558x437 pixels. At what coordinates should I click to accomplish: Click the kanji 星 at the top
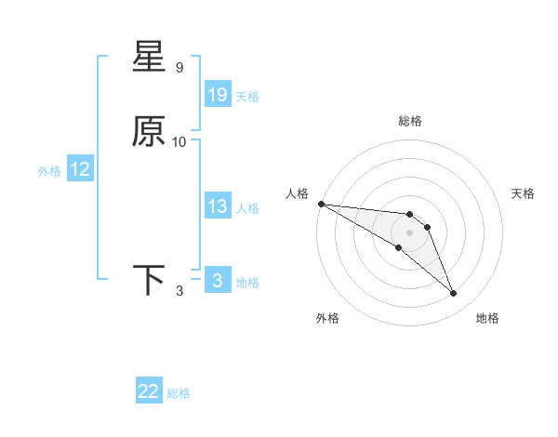(x=150, y=58)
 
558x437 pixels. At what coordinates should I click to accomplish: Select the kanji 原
(x=150, y=132)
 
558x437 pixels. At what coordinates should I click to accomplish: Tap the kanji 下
(x=150, y=280)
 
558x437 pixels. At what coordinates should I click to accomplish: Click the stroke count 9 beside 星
(x=179, y=68)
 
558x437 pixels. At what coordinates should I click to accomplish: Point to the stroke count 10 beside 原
(x=179, y=142)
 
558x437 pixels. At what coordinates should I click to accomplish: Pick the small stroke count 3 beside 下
(x=179, y=291)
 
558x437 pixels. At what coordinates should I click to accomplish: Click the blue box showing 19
(x=218, y=95)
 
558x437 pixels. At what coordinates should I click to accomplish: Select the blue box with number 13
(x=218, y=206)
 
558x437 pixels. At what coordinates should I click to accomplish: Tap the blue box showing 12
(x=80, y=169)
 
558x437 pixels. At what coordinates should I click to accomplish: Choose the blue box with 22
(x=149, y=391)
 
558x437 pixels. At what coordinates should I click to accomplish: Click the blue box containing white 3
(x=218, y=281)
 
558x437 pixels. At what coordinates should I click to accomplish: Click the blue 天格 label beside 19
(x=247, y=96)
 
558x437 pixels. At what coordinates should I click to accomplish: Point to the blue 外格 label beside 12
(x=49, y=170)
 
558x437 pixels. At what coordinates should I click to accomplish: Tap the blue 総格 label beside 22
(x=179, y=392)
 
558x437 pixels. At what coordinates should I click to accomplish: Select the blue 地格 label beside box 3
(x=247, y=282)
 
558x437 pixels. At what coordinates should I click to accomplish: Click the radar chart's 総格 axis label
(x=410, y=121)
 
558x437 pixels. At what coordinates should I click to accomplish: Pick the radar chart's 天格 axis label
(x=524, y=193)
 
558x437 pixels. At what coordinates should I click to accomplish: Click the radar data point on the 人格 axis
(x=321, y=204)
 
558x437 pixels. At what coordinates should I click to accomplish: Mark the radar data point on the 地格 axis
(x=454, y=294)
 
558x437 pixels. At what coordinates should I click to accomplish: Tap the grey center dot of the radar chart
(x=410, y=232)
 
